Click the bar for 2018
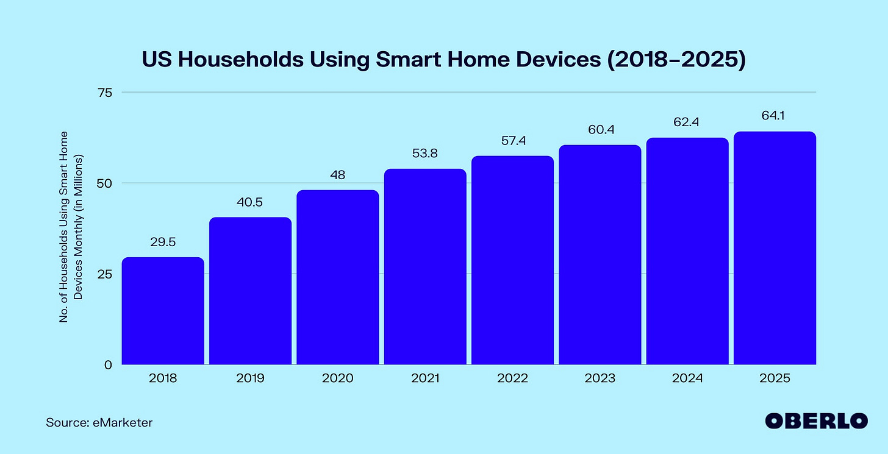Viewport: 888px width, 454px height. point(163,311)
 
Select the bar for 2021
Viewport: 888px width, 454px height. point(425,267)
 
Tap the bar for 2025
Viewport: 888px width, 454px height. point(775,248)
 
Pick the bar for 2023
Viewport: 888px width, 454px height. point(600,255)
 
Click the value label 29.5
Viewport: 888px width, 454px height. point(163,243)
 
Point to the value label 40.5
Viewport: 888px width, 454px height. point(250,202)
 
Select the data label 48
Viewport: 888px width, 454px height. point(337,175)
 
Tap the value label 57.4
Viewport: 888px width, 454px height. point(512,141)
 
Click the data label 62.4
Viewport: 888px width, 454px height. point(687,122)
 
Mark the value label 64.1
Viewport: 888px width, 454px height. point(775,116)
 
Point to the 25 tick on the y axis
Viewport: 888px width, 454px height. point(106,274)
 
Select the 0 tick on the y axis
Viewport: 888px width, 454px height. point(109,364)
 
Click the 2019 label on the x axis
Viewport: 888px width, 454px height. point(250,378)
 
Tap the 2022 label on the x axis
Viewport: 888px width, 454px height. point(512,378)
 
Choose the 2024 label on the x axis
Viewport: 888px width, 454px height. point(687,378)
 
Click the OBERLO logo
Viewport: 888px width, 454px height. point(816,421)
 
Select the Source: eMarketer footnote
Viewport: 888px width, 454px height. point(99,422)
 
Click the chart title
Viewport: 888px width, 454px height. point(444,60)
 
